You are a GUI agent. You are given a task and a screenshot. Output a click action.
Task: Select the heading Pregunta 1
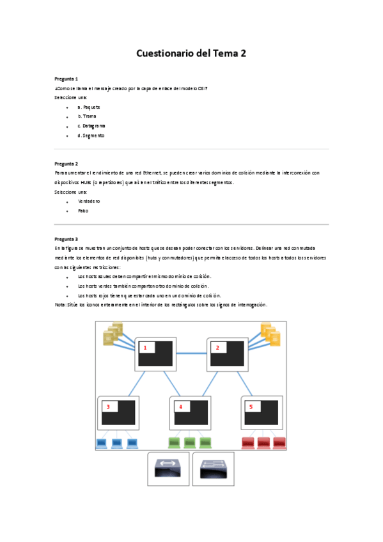pos(66,79)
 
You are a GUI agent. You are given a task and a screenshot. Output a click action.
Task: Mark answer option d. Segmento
pos(91,135)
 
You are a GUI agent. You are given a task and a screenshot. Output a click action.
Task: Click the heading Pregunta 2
pos(66,164)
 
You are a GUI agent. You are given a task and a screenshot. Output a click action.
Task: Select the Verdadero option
pos(89,201)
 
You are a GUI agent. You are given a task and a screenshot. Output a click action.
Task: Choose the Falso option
pos(83,210)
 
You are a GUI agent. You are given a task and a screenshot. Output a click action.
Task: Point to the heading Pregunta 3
pos(66,239)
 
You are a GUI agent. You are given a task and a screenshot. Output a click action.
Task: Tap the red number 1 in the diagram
pos(145,348)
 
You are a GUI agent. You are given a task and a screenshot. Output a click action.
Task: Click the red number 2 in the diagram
pos(217,348)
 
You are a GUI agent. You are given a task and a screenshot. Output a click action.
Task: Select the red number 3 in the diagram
pos(108,407)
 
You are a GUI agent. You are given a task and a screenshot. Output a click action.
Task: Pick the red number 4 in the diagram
pos(181,407)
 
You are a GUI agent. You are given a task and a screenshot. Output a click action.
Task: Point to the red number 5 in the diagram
pos(251,407)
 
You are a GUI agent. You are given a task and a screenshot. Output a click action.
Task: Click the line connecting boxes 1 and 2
pos(192,353)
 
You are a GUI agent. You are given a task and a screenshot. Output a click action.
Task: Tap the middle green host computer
pos(190,442)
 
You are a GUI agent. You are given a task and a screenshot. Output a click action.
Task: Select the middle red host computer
pos(263,442)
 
